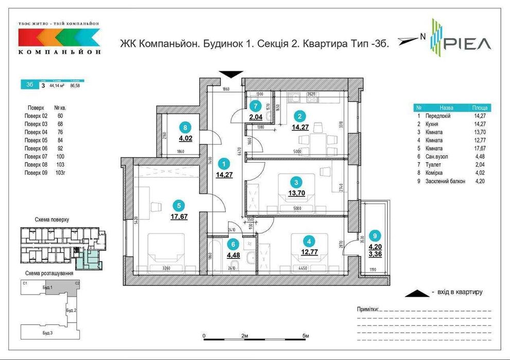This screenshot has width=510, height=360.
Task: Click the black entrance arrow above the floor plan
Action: coord(230,74)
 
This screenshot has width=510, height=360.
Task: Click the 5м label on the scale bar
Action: coord(306,336)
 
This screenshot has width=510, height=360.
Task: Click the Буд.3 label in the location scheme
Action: coord(47,333)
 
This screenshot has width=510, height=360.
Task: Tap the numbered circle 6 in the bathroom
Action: coord(233,245)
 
